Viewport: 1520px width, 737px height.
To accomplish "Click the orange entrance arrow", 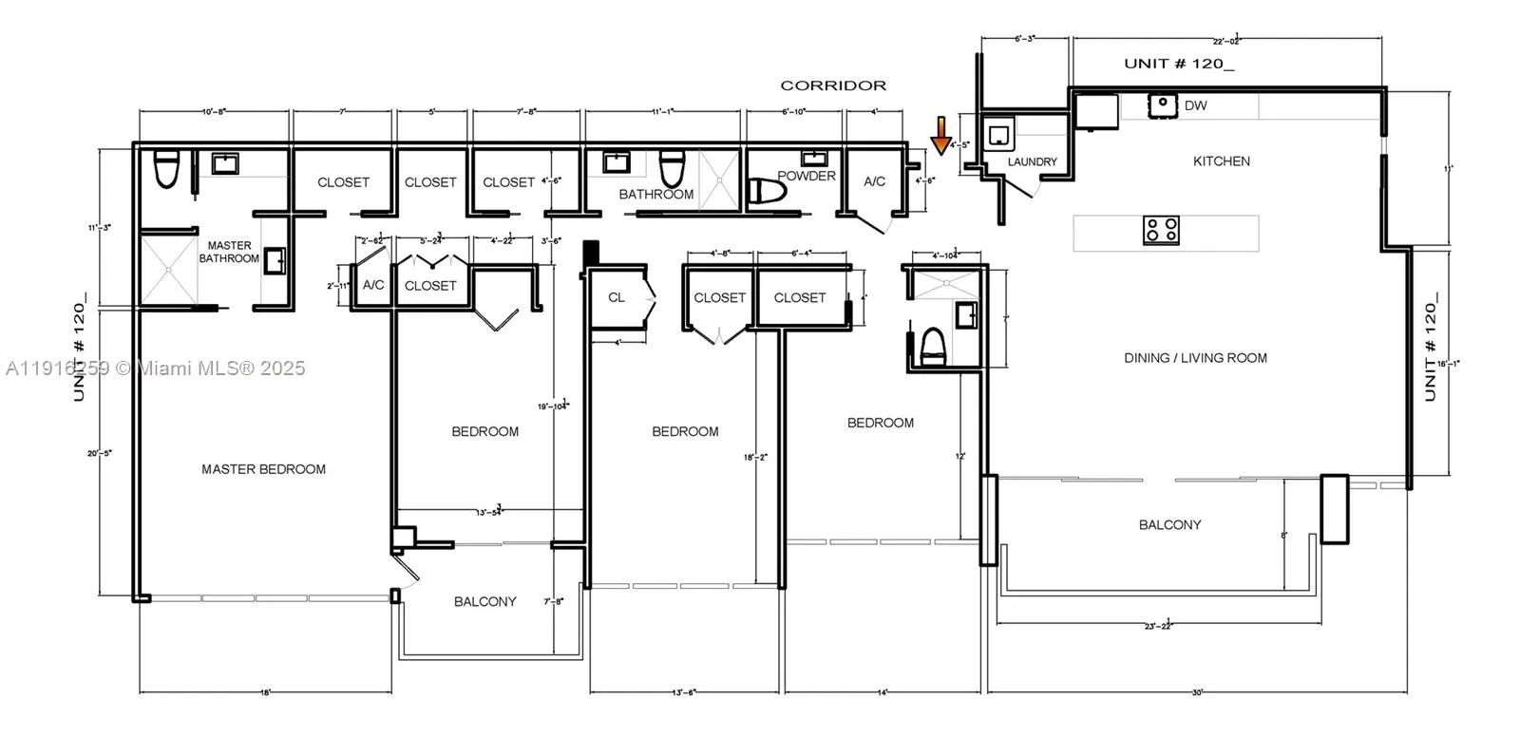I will (x=940, y=135).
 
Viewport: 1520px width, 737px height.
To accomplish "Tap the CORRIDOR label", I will (x=833, y=85).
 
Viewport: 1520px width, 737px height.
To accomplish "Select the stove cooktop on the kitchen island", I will (x=1161, y=230).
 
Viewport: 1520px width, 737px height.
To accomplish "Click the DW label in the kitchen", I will (x=1195, y=105).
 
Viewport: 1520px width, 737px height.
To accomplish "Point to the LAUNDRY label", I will (x=1032, y=162).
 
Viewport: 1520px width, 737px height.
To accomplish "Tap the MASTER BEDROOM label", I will (x=263, y=469).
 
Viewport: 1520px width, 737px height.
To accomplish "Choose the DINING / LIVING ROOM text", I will (x=1195, y=358).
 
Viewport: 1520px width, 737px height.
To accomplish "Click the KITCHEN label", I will (x=1221, y=161).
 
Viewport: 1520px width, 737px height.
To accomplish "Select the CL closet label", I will (x=616, y=297).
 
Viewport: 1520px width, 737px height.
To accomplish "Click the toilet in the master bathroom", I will (x=167, y=169).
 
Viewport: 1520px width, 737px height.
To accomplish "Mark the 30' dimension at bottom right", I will (x=1197, y=692).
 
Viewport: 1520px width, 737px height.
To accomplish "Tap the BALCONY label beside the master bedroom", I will (x=484, y=601).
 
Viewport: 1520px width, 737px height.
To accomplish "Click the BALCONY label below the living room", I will (x=1169, y=524).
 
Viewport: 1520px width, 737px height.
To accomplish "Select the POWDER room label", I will (x=807, y=176).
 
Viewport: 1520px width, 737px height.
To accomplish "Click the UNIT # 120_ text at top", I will (x=1179, y=64).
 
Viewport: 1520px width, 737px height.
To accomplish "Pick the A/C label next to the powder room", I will (x=874, y=181).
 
